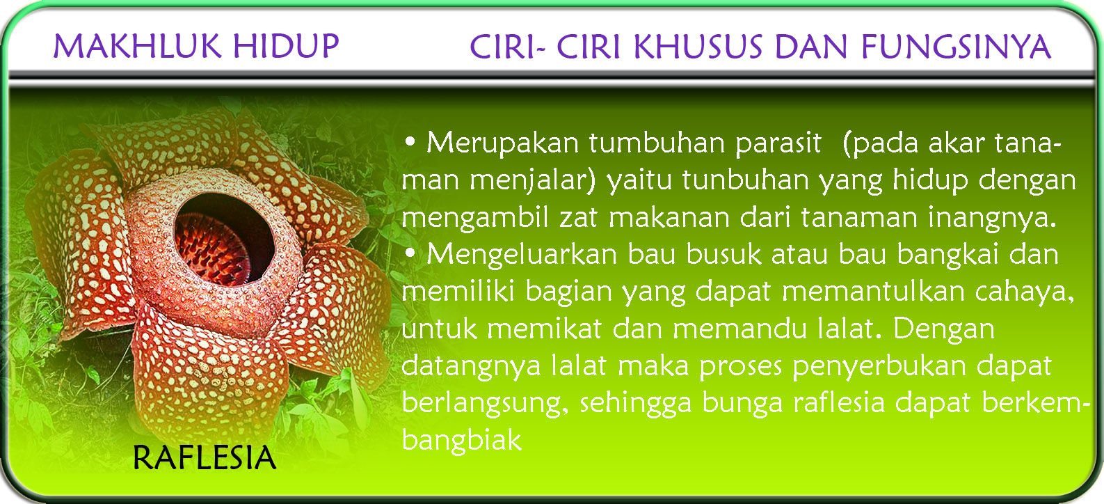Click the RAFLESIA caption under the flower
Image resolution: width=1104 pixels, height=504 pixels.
click(204, 458)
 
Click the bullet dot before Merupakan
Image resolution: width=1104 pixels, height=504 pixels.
click(410, 142)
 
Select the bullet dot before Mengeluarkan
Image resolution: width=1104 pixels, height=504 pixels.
click(410, 254)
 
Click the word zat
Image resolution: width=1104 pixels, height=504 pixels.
click(579, 218)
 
